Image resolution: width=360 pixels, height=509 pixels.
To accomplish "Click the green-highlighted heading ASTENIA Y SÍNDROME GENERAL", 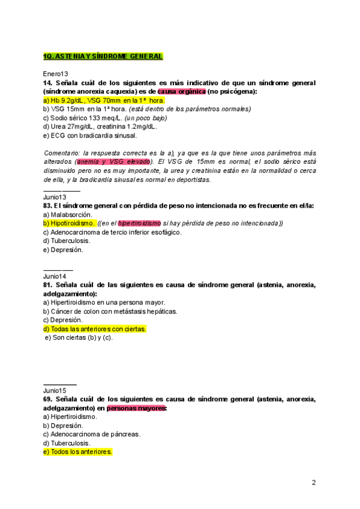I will point(103,56).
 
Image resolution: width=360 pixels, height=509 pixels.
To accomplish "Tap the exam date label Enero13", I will point(56,73).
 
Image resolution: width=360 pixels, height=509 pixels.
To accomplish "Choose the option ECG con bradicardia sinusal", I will point(90,136).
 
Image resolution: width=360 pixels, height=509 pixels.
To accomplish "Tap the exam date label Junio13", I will point(55,197).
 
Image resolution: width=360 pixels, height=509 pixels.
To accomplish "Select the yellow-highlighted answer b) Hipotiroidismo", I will point(69,223).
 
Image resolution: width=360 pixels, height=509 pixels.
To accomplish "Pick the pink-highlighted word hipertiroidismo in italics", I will point(139,223).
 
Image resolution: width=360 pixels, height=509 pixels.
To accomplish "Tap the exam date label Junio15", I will point(55,390).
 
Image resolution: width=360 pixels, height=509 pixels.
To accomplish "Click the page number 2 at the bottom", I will point(314,482).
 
